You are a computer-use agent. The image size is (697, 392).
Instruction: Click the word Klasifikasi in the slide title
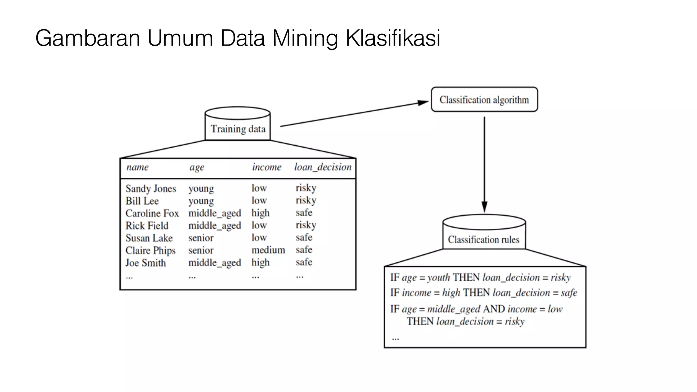(393, 38)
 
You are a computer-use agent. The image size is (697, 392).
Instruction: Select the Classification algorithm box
(484, 99)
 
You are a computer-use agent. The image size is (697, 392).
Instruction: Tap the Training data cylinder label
(238, 129)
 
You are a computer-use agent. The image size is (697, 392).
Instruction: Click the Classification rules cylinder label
(483, 240)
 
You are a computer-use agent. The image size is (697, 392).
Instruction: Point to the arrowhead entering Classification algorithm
(423, 102)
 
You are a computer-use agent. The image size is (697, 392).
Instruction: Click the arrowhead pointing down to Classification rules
(484, 207)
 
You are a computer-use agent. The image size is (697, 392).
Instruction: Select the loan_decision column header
(323, 167)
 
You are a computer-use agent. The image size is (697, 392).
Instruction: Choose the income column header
(266, 167)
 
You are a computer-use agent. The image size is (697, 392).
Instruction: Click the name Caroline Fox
(152, 213)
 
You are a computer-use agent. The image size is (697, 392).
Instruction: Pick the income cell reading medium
(268, 250)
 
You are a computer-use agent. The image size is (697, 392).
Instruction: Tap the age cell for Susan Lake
(201, 238)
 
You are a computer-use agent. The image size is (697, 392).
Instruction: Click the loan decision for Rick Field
(306, 225)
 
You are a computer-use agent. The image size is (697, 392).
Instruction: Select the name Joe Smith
(145, 263)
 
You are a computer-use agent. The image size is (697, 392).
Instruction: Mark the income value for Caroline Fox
(260, 213)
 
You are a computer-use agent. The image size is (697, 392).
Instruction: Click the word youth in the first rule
(438, 278)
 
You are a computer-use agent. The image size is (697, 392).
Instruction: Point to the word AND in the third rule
(494, 309)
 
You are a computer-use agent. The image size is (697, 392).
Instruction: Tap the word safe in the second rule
(569, 293)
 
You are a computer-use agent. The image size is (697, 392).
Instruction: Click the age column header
(197, 167)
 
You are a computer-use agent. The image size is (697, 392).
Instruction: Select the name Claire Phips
(150, 250)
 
